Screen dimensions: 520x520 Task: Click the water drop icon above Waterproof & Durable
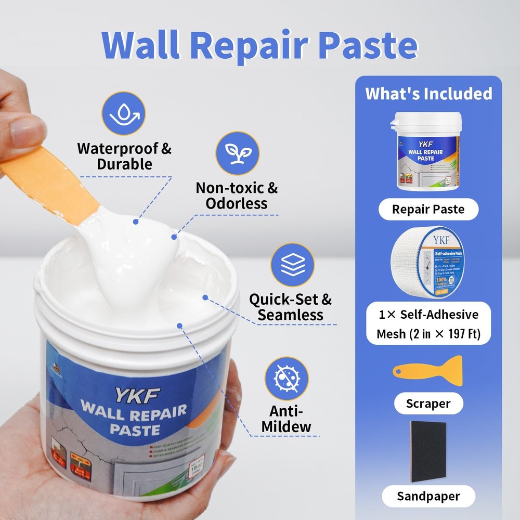pos(124,114)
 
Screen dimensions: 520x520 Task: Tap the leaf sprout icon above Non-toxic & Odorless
pos(237,153)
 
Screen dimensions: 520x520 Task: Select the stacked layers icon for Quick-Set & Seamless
pos(293,265)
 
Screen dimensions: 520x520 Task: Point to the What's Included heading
pos(428,94)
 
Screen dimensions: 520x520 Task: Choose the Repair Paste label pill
pos(428,210)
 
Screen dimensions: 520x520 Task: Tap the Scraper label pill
pos(428,403)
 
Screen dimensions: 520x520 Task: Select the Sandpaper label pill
pos(428,496)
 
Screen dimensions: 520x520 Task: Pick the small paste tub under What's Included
pos(427,151)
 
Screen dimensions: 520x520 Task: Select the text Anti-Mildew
pos(287,418)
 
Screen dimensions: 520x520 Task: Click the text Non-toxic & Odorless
pos(237,195)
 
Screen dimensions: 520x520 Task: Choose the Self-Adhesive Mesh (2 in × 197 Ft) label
pos(428,324)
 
